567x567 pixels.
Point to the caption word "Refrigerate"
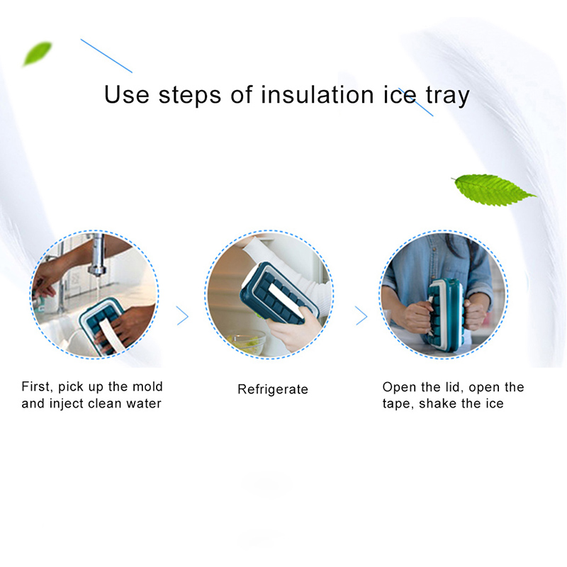[x=273, y=389]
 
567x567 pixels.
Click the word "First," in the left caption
[x=38, y=387]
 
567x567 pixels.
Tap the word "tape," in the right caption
[x=399, y=405]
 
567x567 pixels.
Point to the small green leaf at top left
[x=37, y=53]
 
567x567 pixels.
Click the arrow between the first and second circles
[x=183, y=316]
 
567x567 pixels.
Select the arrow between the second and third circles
[x=361, y=316]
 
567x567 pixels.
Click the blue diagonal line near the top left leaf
[x=106, y=55]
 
